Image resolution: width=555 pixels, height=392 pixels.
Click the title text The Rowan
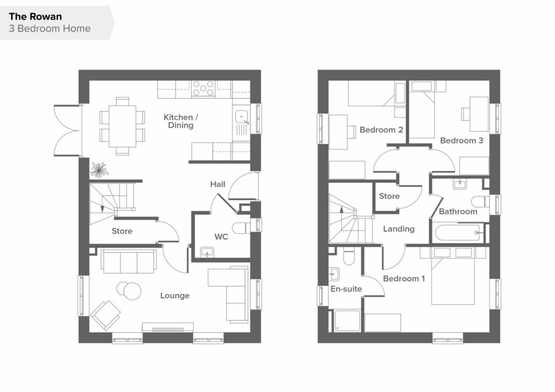(x=35, y=17)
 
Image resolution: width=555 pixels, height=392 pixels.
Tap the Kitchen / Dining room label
(x=180, y=121)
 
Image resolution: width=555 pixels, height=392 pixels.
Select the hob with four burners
(x=203, y=88)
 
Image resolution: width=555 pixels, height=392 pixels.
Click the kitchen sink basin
(x=241, y=116)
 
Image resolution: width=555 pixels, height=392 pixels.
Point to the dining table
(x=122, y=126)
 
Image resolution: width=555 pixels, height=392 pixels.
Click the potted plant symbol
(x=99, y=169)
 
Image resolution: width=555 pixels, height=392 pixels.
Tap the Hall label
(x=218, y=184)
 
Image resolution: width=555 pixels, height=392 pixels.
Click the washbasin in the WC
(x=207, y=252)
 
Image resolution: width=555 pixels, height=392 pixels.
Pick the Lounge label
(x=175, y=296)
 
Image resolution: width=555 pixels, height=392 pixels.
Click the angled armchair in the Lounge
(x=105, y=315)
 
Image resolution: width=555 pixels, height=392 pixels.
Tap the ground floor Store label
(x=122, y=231)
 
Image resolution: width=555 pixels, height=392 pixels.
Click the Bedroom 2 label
(x=381, y=130)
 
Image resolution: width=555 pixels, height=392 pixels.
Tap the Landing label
(x=399, y=229)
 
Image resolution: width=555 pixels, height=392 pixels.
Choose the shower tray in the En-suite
(x=347, y=321)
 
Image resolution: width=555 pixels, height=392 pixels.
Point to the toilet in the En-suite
(x=349, y=256)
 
